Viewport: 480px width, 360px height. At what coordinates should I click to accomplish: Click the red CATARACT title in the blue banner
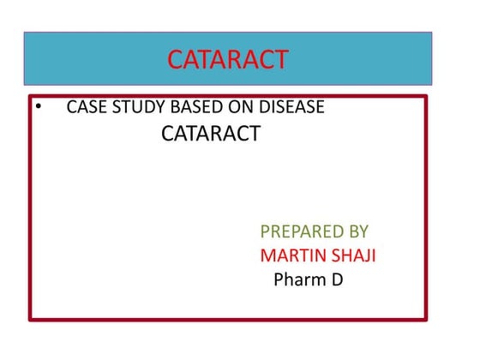pyautogui.click(x=228, y=59)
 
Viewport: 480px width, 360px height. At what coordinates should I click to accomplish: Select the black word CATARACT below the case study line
pyautogui.click(x=211, y=134)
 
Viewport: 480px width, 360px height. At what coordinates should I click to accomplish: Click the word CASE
pyautogui.click(x=86, y=109)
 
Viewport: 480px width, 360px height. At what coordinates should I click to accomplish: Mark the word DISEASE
pyautogui.click(x=287, y=109)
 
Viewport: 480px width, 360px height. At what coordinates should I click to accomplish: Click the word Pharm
pyautogui.click(x=297, y=279)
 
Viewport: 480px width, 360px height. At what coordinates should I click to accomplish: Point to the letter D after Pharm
pyautogui.click(x=337, y=279)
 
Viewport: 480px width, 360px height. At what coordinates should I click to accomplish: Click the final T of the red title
pyautogui.click(x=281, y=59)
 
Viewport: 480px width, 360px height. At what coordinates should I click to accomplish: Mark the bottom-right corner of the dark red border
pyautogui.click(x=426, y=320)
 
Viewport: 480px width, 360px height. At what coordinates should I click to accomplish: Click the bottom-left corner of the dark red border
pyautogui.click(x=30, y=320)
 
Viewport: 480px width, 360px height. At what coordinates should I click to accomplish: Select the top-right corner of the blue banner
pyautogui.click(x=431, y=33)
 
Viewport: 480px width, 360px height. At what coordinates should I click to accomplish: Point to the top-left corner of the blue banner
pyautogui.click(x=24, y=33)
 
